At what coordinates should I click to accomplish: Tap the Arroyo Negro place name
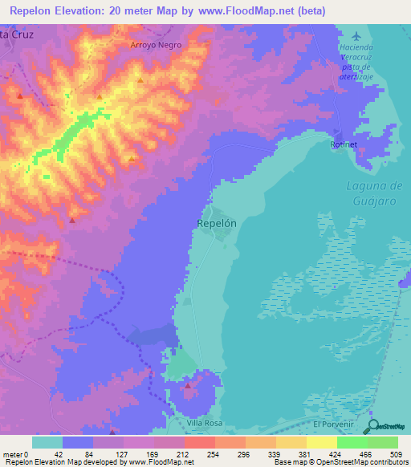(157, 46)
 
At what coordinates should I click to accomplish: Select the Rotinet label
(343, 144)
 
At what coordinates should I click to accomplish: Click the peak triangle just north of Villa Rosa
(188, 386)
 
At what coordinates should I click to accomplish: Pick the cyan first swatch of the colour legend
(47, 442)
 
